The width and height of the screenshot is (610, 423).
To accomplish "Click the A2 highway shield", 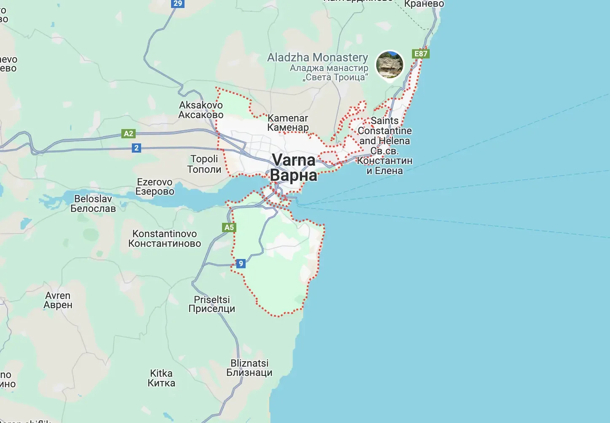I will [128, 134].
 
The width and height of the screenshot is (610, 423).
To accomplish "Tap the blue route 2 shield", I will [136, 148].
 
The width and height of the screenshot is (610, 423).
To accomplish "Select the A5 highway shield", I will [229, 227].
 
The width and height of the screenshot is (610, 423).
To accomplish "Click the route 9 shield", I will [241, 264].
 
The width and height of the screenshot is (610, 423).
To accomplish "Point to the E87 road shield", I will [420, 54].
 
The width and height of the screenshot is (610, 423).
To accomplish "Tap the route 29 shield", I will [178, 3].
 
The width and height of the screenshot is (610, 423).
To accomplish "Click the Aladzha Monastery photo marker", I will [389, 65].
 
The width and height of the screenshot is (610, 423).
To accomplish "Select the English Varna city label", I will [293, 160].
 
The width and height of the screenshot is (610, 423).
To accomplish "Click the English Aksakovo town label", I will [201, 105].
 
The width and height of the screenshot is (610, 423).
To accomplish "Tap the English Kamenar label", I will [288, 118].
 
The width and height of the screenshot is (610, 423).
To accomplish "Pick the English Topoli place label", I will [204, 159].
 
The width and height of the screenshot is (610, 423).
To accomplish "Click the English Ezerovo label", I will [155, 182].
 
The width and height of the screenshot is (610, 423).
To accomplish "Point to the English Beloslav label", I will [93, 199].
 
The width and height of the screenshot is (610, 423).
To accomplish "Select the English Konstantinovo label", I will [165, 234].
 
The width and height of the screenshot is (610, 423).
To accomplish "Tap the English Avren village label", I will [58, 296].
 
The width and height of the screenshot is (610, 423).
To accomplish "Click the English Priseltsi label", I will [212, 299].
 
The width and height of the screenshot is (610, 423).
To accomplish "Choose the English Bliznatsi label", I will [249, 363].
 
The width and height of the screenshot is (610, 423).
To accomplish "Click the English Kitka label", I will [161, 373].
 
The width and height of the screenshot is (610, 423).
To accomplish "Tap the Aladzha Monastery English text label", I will [318, 58].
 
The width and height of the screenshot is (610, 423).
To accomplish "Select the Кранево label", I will [424, 4].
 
